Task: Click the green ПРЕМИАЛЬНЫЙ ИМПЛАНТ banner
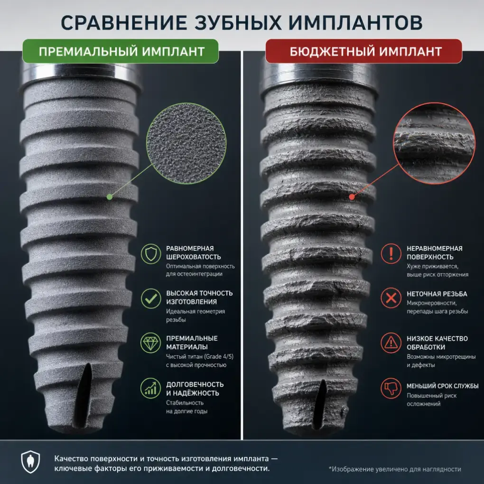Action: click(121, 51)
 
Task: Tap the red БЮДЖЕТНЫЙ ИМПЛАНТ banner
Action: click(363, 51)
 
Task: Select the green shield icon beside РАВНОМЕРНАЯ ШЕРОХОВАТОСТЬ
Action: click(151, 254)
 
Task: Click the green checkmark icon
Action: click(151, 298)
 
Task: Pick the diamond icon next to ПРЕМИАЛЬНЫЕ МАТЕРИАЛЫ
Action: click(151, 343)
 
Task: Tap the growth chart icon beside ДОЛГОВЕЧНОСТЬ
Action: click(151, 388)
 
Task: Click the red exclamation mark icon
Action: click(391, 253)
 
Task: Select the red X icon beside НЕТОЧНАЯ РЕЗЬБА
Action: click(391, 298)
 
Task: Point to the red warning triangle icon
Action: click(391, 343)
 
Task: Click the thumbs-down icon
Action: click(391, 388)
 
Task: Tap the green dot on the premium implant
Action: click(109, 197)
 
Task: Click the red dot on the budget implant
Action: click(352, 197)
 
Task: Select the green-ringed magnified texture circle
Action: click(186, 143)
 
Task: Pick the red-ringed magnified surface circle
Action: click(434, 143)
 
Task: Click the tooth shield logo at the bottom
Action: click(30, 462)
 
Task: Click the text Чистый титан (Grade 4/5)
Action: click(200, 356)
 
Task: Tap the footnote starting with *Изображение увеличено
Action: click(395, 469)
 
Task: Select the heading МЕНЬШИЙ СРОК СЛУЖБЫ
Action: click(442, 386)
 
